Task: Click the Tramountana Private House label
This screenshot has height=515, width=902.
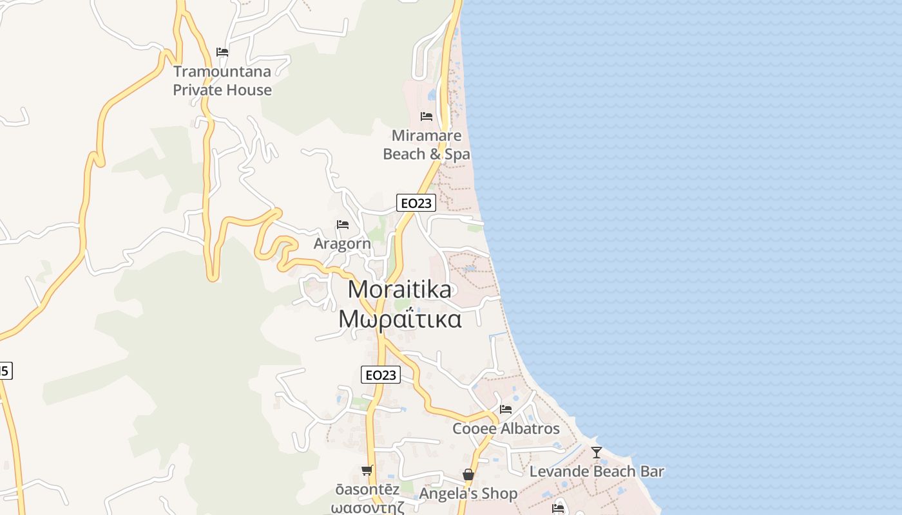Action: (222, 80)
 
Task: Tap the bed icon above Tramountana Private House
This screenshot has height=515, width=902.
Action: (222, 51)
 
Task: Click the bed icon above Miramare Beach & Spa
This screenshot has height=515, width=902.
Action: (427, 117)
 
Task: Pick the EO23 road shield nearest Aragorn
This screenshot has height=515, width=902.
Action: (416, 203)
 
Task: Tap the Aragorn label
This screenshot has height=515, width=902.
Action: (342, 244)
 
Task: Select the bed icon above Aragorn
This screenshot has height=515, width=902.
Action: (343, 225)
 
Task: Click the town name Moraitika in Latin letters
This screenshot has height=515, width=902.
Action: (399, 290)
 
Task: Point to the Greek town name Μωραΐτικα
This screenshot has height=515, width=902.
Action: (400, 319)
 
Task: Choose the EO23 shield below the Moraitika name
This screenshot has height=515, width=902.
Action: (381, 375)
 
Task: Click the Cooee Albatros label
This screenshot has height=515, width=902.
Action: (506, 429)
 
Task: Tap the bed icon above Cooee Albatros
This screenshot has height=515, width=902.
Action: (506, 409)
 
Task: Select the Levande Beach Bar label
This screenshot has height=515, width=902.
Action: (597, 471)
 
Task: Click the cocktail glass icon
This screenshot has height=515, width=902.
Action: (597, 453)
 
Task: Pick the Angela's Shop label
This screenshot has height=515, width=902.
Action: (468, 494)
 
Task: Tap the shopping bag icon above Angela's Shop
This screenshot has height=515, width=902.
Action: (468, 475)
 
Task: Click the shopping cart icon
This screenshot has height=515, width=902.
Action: (367, 471)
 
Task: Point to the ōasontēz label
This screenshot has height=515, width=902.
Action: (367, 489)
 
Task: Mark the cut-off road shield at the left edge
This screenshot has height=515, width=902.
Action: (5, 371)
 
